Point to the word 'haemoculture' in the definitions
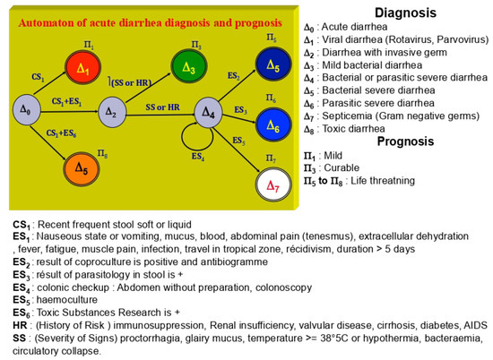59,293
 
